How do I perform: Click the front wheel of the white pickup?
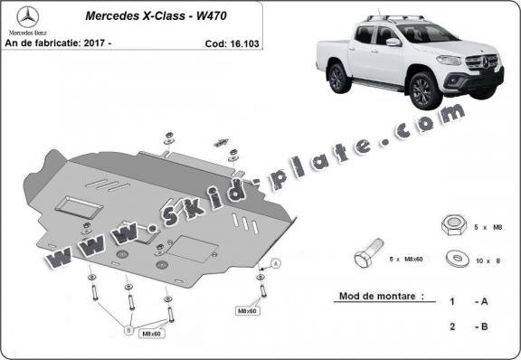421,90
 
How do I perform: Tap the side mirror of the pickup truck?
393,42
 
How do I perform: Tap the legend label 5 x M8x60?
406,261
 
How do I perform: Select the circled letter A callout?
275,262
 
